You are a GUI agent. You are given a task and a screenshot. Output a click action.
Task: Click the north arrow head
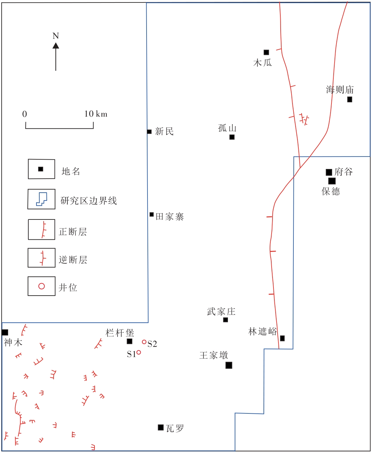pyautogui.click(x=56, y=46)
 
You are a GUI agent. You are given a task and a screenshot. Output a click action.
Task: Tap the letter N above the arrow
pyautogui.click(x=56, y=36)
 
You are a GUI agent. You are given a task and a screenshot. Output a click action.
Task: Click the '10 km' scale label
pyautogui.click(x=96, y=114)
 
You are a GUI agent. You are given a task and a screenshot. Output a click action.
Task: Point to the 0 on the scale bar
pyautogui.click(x=25, y=114)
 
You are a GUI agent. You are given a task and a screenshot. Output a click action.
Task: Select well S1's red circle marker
pyautogui.click(x=139, y=352)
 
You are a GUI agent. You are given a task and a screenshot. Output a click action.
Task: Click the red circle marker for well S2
pyautogui.click(x=144, y=342)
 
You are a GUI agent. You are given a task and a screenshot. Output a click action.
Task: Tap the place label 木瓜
pyautogui.click(x=263, y=63)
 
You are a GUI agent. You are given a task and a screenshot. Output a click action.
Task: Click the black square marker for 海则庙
pyautogui.click(x=350, y=99)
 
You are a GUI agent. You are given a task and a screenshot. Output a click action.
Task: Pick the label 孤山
pyautogui.click(x=227, y=128)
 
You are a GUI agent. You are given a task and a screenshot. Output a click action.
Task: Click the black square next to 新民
pyautogui.click(x=149, y=132)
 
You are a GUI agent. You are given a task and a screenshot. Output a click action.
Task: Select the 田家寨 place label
pyautogui.click(x=170, y=217)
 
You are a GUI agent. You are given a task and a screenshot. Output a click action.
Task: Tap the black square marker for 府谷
pyautogui.click(x=329, y=172)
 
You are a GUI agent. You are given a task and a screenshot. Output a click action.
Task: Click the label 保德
pyautogui.click(x=331, y=191)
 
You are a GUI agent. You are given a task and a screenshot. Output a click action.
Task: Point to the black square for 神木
pyautogui.click(x=5, y=332)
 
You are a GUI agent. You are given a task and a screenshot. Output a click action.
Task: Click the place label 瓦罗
pyautogui.click(x=175, y=428)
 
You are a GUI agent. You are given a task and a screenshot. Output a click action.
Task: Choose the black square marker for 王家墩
pyautogui.click(x=229, y=365)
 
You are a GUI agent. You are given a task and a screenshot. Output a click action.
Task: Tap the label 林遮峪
pyautogui.click(x=263, y=331)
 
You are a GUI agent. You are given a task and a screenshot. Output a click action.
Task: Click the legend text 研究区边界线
pyautogui.click(x=89, y=200)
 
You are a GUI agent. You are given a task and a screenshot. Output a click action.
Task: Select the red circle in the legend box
pyautogui.click(x=41, y=286)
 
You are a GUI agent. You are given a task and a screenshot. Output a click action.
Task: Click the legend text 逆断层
pyautogui.click(x=73, y=260)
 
